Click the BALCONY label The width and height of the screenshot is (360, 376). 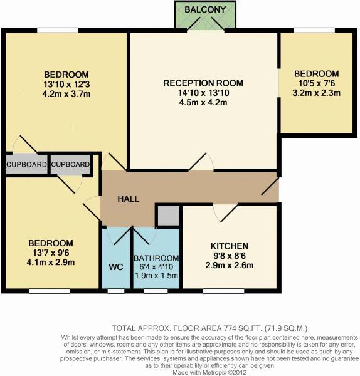205,9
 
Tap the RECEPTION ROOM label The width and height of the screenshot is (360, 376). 203,83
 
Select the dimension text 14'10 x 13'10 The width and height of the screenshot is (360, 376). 203,93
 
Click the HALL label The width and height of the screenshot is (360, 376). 129,199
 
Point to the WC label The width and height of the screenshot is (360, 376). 116,267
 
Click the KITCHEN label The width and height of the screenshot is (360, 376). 230,246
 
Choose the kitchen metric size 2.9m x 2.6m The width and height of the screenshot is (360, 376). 230,266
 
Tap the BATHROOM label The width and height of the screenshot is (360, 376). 156,258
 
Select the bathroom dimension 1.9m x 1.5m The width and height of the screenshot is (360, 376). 156,276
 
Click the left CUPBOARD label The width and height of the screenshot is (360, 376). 26,164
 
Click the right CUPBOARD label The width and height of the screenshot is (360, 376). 70,164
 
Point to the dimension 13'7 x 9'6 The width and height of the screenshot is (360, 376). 51,253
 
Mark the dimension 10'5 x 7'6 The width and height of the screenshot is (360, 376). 317,83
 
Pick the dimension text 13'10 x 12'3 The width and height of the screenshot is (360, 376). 66,85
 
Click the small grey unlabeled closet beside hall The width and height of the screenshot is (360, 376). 169,216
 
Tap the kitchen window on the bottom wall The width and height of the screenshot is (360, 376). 224,291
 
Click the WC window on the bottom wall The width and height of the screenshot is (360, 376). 116,291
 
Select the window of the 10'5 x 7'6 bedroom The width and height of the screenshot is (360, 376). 314,30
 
